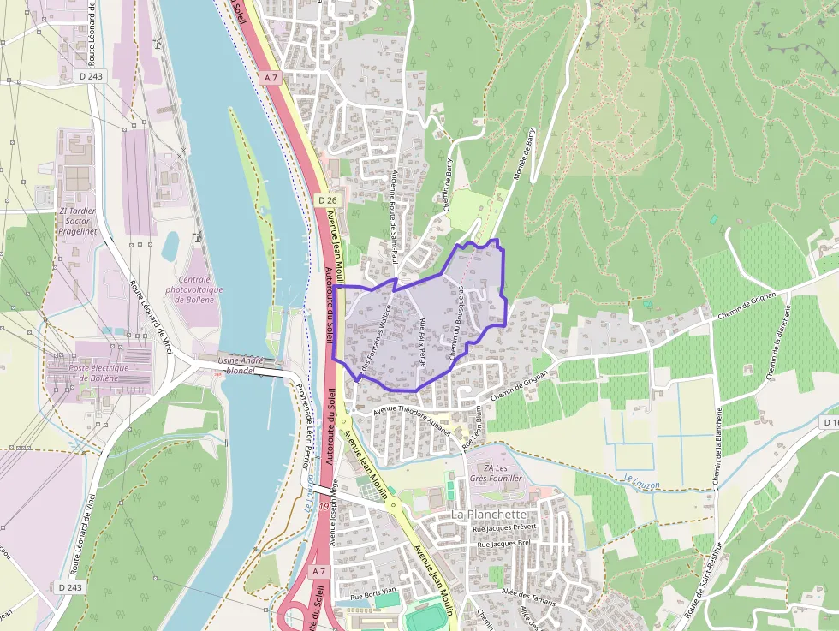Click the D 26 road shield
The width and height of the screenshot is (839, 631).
tap(326, 199)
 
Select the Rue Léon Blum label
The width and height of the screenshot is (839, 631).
tap(473, 427)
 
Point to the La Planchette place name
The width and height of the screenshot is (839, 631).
tap(489, 515)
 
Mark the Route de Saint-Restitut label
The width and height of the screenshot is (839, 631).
tap(705, 580)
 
